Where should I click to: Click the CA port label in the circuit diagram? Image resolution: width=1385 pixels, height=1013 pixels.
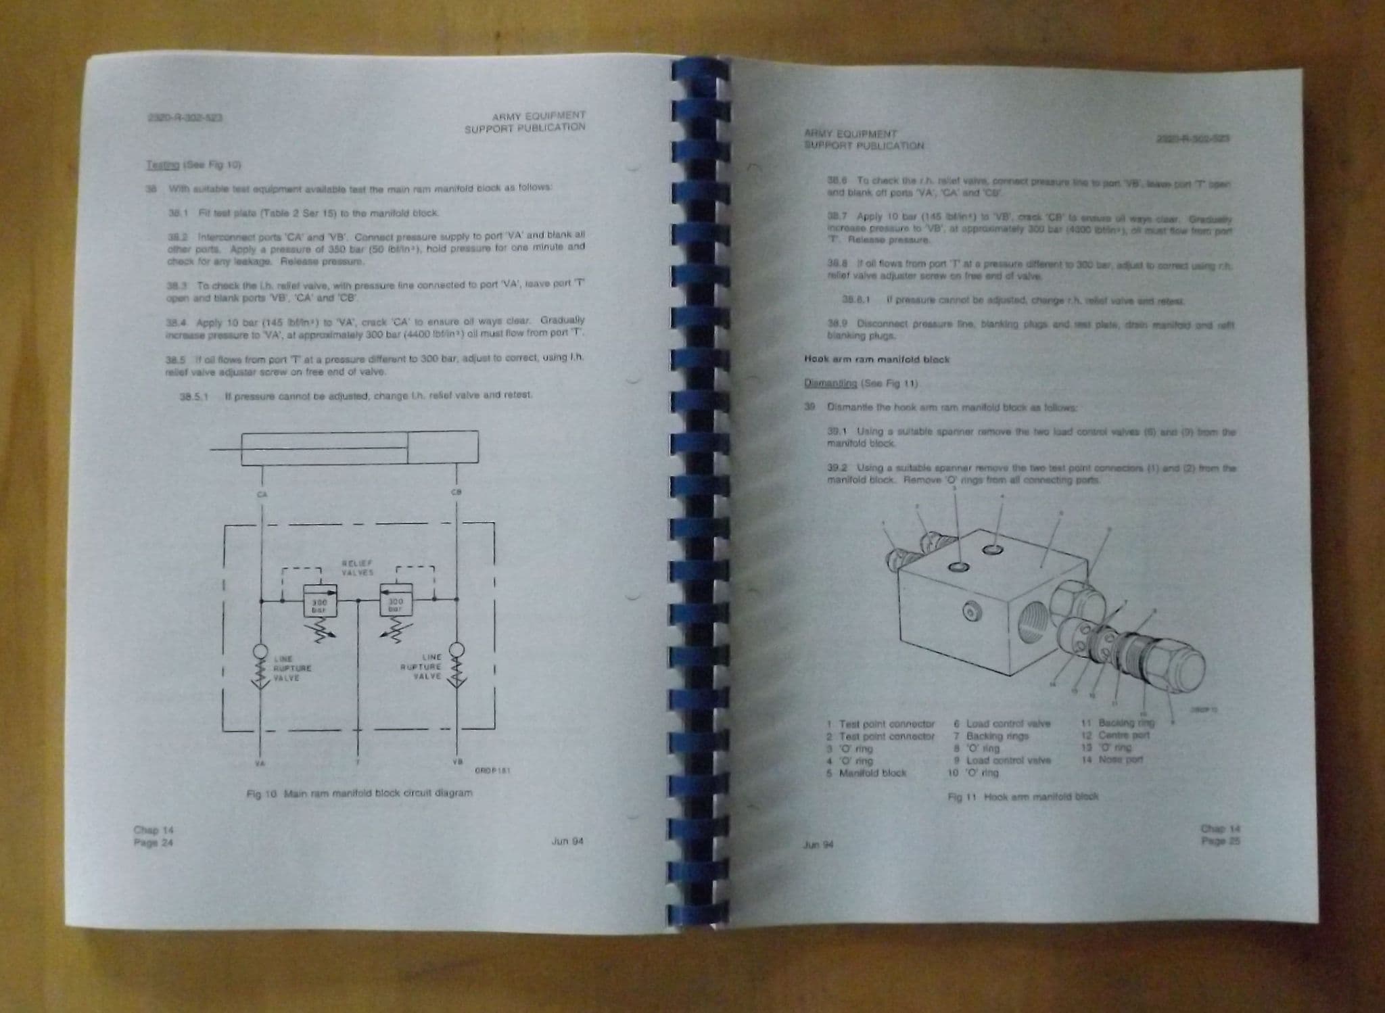(x=262, y=494)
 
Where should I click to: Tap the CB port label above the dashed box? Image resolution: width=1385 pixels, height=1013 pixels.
(x=456, y=492)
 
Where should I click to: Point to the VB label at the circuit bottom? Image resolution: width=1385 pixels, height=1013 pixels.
(x=457, y=761)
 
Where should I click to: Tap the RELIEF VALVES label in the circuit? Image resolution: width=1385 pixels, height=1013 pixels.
(x=357, y=568)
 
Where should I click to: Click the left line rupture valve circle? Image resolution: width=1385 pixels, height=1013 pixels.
(x=260, y=652)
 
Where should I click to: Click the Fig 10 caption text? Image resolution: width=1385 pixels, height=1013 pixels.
(x=359, y=793)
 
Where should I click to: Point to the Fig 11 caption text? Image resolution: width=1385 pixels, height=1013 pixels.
(x=1023, y=797)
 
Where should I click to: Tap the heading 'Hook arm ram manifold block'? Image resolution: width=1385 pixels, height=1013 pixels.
(x=876, y=360)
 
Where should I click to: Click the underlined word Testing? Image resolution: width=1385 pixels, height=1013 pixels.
(x=162, y=165)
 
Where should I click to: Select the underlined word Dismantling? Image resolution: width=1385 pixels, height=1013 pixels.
(x=830, y=383)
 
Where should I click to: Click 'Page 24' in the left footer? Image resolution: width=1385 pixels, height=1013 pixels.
(x=154, y=843)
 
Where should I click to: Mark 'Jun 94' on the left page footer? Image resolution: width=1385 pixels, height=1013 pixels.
(x=567, y=841)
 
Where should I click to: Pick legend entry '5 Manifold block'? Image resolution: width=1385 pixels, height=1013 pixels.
(x=866, y=773)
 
